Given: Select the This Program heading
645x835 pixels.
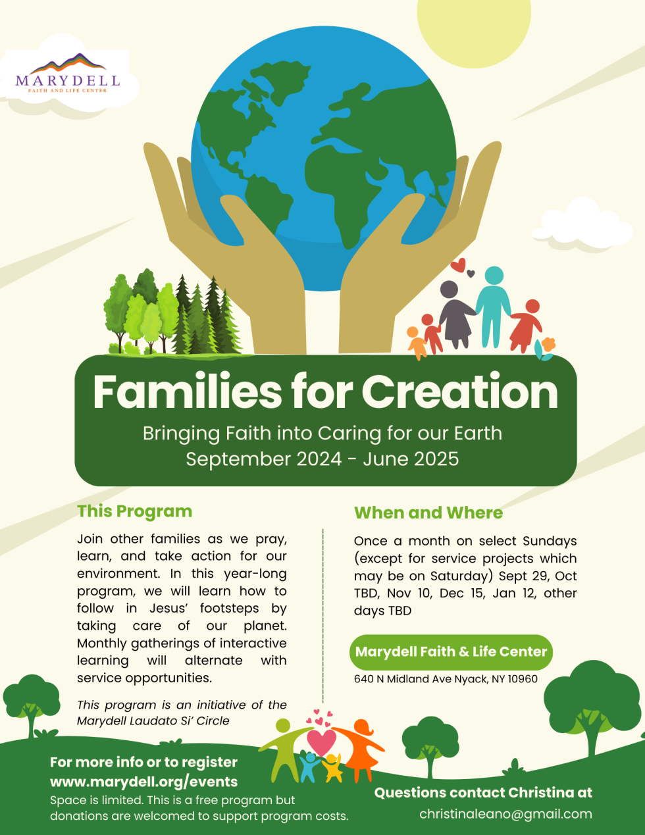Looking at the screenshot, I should coord(134,511).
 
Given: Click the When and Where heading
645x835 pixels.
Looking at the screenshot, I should coord(428,513).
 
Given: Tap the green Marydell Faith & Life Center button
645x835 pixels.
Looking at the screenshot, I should coord(451,652).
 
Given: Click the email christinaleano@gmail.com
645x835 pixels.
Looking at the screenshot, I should coord(505,814).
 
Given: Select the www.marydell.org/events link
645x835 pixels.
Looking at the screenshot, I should coord(143,782).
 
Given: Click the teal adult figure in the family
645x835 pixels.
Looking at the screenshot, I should coord(493,304).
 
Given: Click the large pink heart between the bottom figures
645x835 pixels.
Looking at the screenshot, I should coord(321,742).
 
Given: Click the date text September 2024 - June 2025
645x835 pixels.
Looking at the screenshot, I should coord(322,459).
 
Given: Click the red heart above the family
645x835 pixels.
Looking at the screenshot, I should coord(458,266).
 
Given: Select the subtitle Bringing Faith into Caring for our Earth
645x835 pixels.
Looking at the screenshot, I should coord(322,434).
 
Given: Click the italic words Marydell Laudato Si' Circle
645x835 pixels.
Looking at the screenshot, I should coord(153,721).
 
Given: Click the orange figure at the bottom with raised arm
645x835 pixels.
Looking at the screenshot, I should coord(359,750).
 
